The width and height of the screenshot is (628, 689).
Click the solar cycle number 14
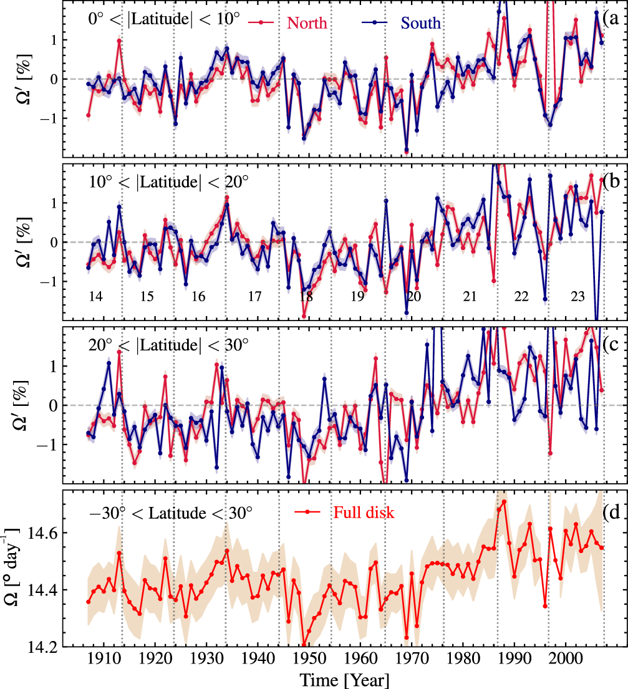point(95,297)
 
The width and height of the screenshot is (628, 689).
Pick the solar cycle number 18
point(306,297)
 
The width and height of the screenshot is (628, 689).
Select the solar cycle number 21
point(470,297)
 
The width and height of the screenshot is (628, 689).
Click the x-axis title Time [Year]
point(344,679)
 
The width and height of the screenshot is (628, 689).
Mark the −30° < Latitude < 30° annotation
point(170,513)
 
